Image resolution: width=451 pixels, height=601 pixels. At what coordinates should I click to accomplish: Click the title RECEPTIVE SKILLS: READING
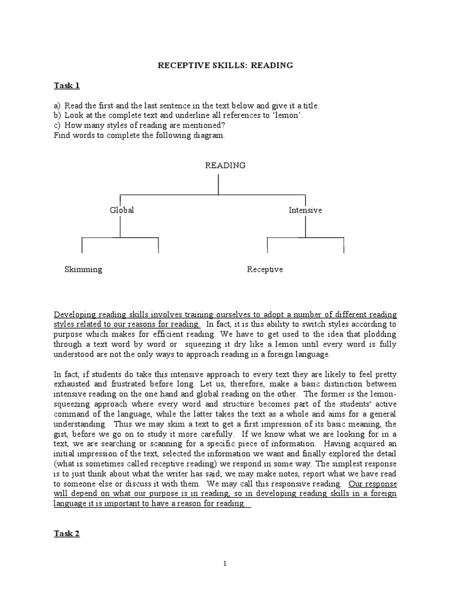click(225, 65)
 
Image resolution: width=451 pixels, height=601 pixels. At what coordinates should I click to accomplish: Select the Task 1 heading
click(66, 86)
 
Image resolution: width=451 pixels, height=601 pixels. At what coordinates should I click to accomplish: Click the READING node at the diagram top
click(225, 166)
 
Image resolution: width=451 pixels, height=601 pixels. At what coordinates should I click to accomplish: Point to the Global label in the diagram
click(122, 210)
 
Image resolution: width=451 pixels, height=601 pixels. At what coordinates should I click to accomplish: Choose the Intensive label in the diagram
click(305, 210)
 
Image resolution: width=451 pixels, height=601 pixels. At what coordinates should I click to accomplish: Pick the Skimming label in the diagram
click(83, 269)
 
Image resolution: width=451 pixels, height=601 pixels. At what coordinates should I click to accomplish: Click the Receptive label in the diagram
click(265, 269)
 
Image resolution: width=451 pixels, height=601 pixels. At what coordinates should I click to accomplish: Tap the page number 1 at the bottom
click(225, 564)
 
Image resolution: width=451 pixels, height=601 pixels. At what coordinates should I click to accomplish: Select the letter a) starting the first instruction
click(57, 106)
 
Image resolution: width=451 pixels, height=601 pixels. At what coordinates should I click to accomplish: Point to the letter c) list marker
click(57, 124)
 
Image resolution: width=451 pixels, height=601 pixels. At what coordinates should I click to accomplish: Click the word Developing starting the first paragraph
click(74, 315)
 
